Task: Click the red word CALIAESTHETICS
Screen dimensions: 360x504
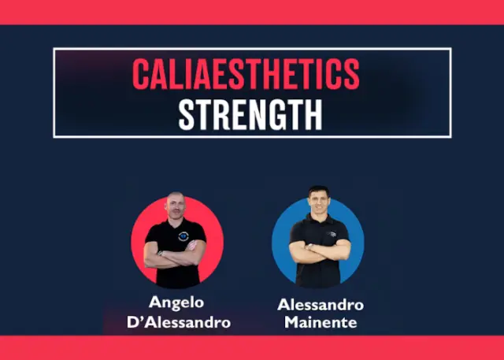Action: [246, 74]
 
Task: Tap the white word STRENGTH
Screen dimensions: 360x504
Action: [250, 114]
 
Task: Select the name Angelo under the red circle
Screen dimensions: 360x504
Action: [178, 302]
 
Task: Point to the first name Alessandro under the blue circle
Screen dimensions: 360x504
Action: [321, 305]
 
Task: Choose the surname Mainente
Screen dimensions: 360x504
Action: [321, 323]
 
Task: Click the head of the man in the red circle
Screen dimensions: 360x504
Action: [175, 206]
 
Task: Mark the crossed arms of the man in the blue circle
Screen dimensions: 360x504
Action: [319, 251]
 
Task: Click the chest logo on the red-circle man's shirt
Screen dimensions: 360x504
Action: [183, 234]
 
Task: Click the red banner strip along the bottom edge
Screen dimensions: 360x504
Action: [252, 347]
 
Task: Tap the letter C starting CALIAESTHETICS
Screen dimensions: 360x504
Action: [141, 74]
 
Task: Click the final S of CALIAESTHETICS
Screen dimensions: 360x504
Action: [351, 74]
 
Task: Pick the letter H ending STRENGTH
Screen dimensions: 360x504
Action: [313, 114]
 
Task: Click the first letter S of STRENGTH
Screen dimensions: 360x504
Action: [187, 114]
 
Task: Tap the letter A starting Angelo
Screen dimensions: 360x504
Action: [154, 302]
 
